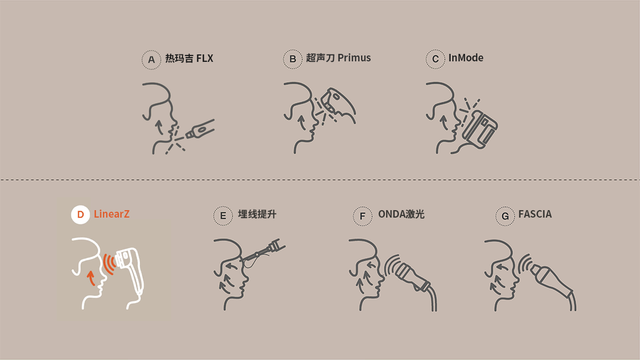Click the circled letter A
click(151, 59)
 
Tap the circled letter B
click(293, 59)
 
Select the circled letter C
click(435, 59)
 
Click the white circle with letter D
click(81, 214)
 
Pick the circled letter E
click(223, 215)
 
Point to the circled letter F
click(363, 216)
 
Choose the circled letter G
click(505, 216)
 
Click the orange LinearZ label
click(111, 214)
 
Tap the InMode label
click(466, 58)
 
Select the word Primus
click(354, 58)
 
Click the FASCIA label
click(535, 214)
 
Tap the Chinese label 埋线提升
click(257, 214)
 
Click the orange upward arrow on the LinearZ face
click(91, 278)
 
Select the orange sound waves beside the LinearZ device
click(109, 263)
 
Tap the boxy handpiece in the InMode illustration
click(479, 130)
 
